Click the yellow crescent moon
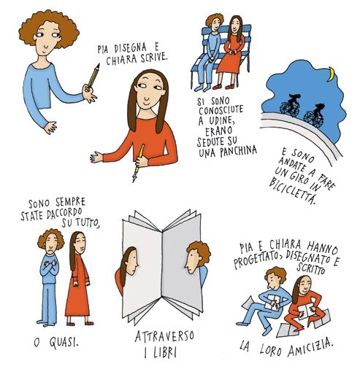point(330,74)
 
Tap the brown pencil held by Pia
point(93,76)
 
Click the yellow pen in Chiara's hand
point(138,163)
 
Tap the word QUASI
point(64,343)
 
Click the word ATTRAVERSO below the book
point(164,336)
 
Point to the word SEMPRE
point(70,203)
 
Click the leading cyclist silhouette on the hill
point(291,105)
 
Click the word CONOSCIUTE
point(221,110)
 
